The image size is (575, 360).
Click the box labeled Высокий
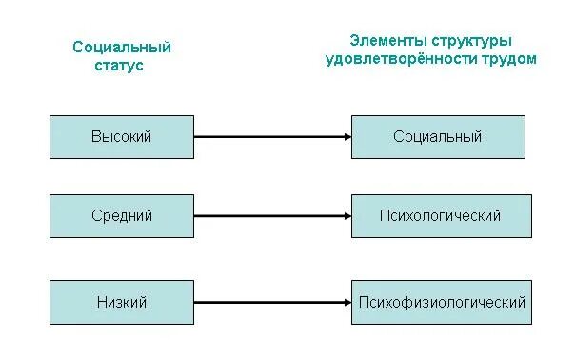pyautogui.click(x=121, y=137)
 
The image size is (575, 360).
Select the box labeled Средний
pyautogui.click(x=121, y=216)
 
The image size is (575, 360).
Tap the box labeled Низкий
pyautogui.click(x=121, y=302)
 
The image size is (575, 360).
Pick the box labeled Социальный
pyautogui.click(x=437, y=137)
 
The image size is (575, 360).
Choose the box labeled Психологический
pyautogui.click(x=441, y=216)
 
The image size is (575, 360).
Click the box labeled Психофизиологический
pyautogui.click(x=442, y=302)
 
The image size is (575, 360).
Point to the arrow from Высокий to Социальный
pyautogui.click(x=271, y=137)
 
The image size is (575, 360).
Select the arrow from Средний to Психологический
pyautogui.click(x=271, y=216)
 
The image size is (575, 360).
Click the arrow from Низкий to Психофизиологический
pyautogui.click(x=271, y=302)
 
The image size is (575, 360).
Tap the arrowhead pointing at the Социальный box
pyautogui.click(x=346, y=137)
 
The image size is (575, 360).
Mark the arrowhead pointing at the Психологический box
pyautogui.click(x=346, y=216)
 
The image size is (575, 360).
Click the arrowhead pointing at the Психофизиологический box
pyautogui.click(x=346, y=302)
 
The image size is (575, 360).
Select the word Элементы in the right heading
pyautogui.click(x=384, y=41)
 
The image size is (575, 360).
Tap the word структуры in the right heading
pyautogui.click(x=468, y=41)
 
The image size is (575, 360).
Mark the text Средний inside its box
pyautogui.click(x=121, y=216)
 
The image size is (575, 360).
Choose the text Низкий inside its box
pyautogui.click(x=121, y=302)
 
